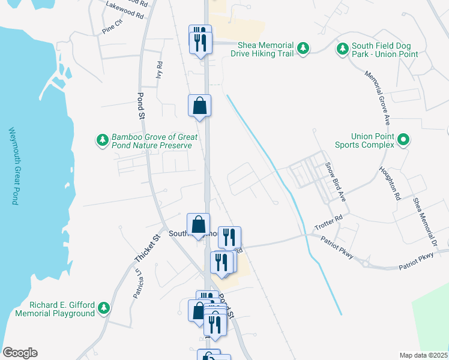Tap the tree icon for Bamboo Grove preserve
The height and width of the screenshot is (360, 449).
point(103,140)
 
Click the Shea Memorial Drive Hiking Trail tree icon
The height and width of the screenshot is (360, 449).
point(304,49)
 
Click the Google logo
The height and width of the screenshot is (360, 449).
point(20,353)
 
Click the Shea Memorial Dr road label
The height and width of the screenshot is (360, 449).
point(424,221)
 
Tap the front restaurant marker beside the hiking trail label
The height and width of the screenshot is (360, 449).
point(200,42)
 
